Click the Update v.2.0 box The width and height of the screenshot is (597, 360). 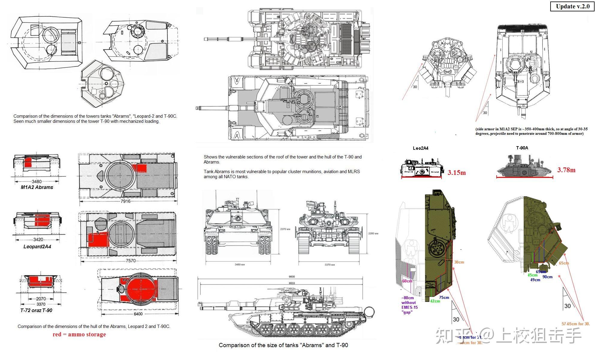572,7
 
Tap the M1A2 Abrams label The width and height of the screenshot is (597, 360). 37,187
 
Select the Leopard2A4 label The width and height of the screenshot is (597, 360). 37,247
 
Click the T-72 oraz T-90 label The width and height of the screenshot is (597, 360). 36,311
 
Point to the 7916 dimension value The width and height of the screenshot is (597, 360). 126,201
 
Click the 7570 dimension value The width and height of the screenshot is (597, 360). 130,261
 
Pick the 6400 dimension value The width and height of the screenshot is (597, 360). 138,314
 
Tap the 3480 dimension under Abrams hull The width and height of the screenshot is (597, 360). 37,181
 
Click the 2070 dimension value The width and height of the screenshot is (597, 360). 41,299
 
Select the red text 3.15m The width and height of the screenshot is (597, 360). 457,173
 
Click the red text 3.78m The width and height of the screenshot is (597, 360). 566,170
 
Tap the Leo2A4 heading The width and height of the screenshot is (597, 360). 420,148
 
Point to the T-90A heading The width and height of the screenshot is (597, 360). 522,148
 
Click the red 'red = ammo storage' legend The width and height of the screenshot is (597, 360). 79,335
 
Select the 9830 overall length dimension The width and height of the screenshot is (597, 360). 292,277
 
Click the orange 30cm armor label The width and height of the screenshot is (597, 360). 459,262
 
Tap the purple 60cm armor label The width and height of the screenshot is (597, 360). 407,281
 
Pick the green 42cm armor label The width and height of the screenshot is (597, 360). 435,301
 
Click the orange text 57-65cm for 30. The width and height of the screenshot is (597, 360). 576,324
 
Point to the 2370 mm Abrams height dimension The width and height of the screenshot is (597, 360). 285,229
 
